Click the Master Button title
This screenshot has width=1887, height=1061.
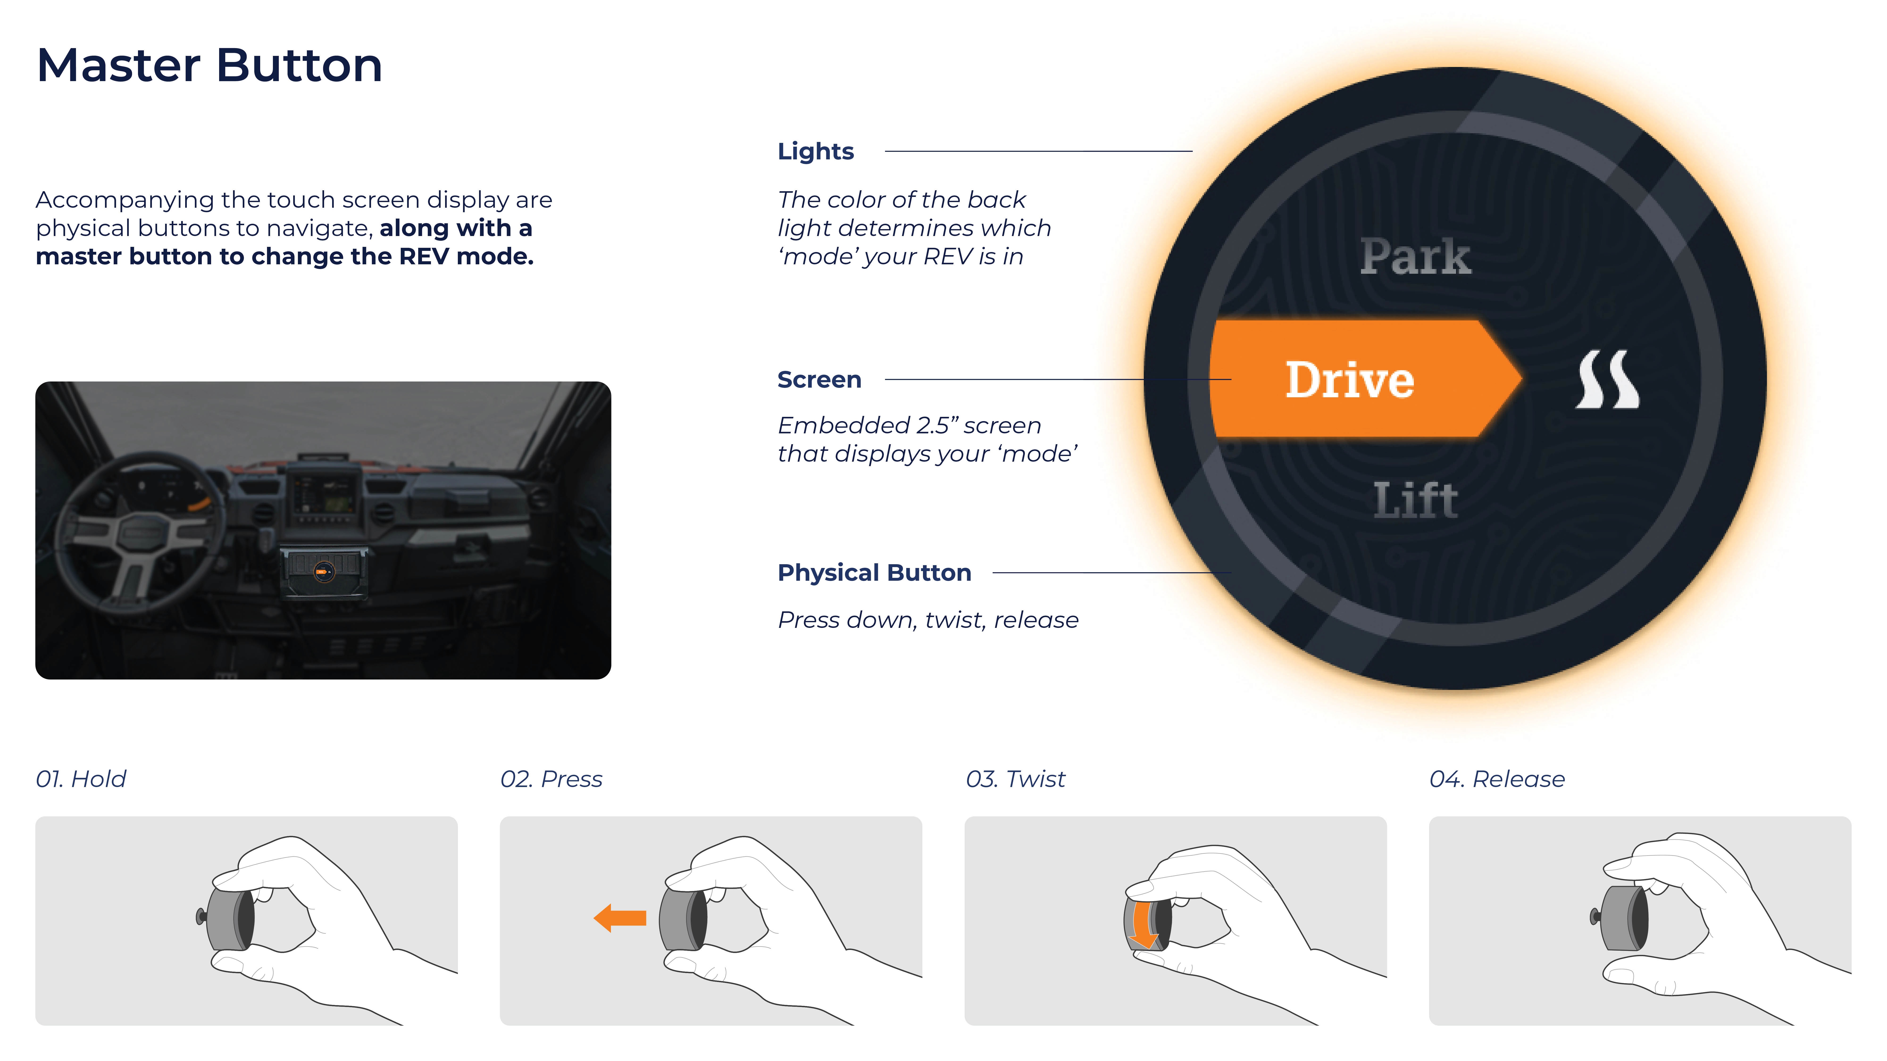(209, 66)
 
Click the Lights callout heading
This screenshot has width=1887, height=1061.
(815, 152)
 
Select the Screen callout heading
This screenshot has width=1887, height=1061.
(819, 380)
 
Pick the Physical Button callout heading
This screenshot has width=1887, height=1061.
(874, 573)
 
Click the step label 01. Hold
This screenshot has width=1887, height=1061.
(81, 779)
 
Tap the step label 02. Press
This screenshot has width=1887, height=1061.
(551, 779)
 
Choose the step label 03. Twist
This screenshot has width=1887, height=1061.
(1015, 779)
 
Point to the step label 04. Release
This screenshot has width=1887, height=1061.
(1497, 779)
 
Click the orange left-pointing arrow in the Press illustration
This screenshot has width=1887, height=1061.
(620, 917)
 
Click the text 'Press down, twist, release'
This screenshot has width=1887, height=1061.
(927, 620)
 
